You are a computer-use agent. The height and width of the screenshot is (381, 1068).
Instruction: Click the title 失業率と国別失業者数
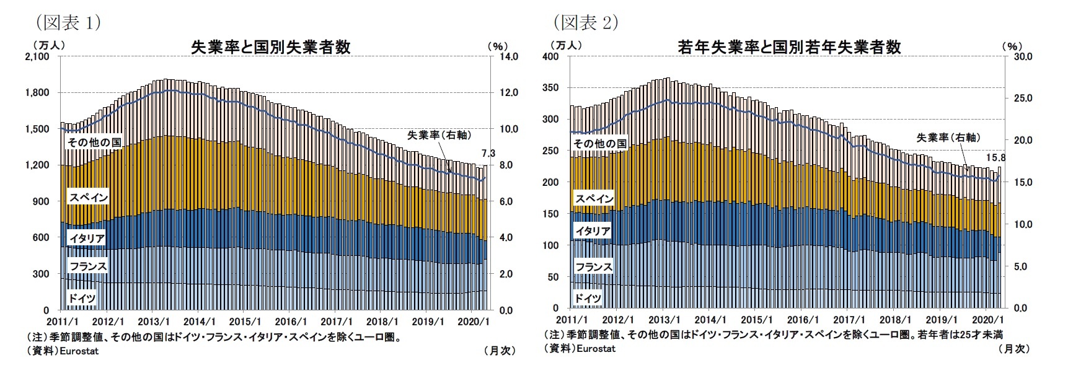pyautogui.click(x=270, y=47)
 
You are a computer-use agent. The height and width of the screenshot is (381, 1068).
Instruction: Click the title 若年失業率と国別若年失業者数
pyautogui.click(x=789, y=47)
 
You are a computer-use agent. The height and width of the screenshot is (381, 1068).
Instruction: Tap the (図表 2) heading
pyautogui.click(x=585, y=23)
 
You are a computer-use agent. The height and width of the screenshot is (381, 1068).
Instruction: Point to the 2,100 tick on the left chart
pyautogui.click(x=37, y=56)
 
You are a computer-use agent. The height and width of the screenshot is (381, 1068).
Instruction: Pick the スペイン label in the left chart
pyautogui.click(x=88, y=198)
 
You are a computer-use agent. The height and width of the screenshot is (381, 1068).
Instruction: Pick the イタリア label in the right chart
pyautogui.click(x=593, y=231)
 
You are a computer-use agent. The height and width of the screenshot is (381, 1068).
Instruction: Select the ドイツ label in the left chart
pyautogui.click(x=81, y=299)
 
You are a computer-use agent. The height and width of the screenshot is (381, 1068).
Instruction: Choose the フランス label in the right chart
pyautogui.click(x=594, y=267)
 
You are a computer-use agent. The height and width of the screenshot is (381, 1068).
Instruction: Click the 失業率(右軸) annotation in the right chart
pyautogui.click(x=948, y=138)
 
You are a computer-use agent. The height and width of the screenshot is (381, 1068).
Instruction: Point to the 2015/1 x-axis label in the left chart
pyautogui.click(x=245, y=322)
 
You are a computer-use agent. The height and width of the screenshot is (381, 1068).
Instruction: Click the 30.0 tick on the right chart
pyautogui.click(x=1022, y=56)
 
